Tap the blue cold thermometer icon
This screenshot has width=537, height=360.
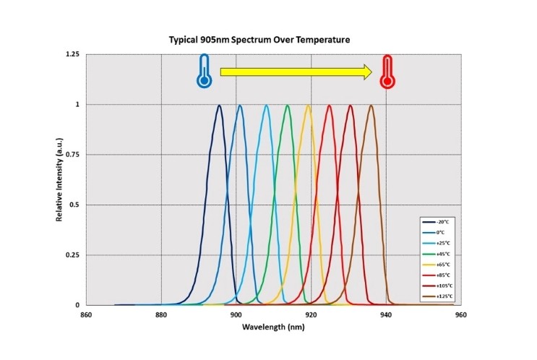[x=204, y=72]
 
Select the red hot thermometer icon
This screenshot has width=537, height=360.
[x=387, y=72]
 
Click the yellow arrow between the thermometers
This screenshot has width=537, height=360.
[x=296, y=72]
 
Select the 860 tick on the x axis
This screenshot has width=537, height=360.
[x=86, y=315]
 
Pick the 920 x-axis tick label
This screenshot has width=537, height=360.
[x=311, y=315]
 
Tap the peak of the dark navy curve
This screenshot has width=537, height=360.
[x=219, y=106]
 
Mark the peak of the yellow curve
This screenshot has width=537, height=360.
[x=309, y=106]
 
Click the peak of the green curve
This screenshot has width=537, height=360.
[x=288, y=106]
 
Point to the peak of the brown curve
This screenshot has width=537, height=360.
[x=371, y=106]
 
